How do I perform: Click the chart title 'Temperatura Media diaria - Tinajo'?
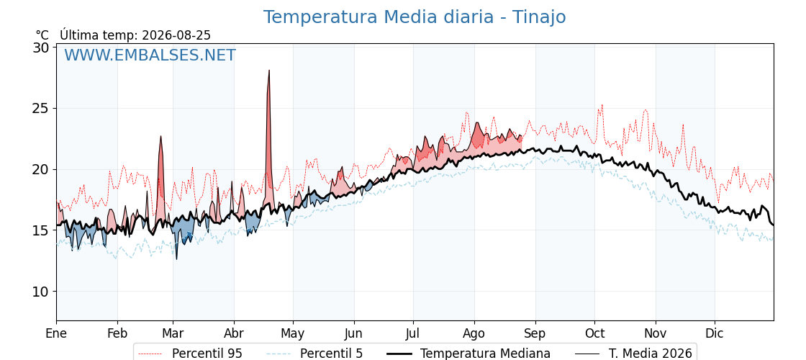pyautogui.click(x=415, y=17)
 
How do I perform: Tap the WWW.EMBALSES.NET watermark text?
pyautogui.click(x=150, y=55)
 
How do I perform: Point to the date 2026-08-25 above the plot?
pyautogui.click(x=176, y=35)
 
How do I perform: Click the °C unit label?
pyautogui.click(x=42, y=35)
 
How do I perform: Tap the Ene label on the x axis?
pyautogui.click(x=57, y=334)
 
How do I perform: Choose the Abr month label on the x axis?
pyautogui.click(x=234, y=334)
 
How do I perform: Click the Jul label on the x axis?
pyautogui.click(x=413, y=334)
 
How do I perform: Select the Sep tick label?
pyautogui.click(x=535, y=334)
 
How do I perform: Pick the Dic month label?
pyautogui.click(x=715, y=334)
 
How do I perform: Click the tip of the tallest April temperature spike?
pyautogui.click(x=269, y=70)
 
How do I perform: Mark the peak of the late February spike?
pyautogui.click(x=161, y=136)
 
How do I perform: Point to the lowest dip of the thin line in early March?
pyautogui.click(x=176, y=259)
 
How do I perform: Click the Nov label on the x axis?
pyautogui.click(x=656, y=334)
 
